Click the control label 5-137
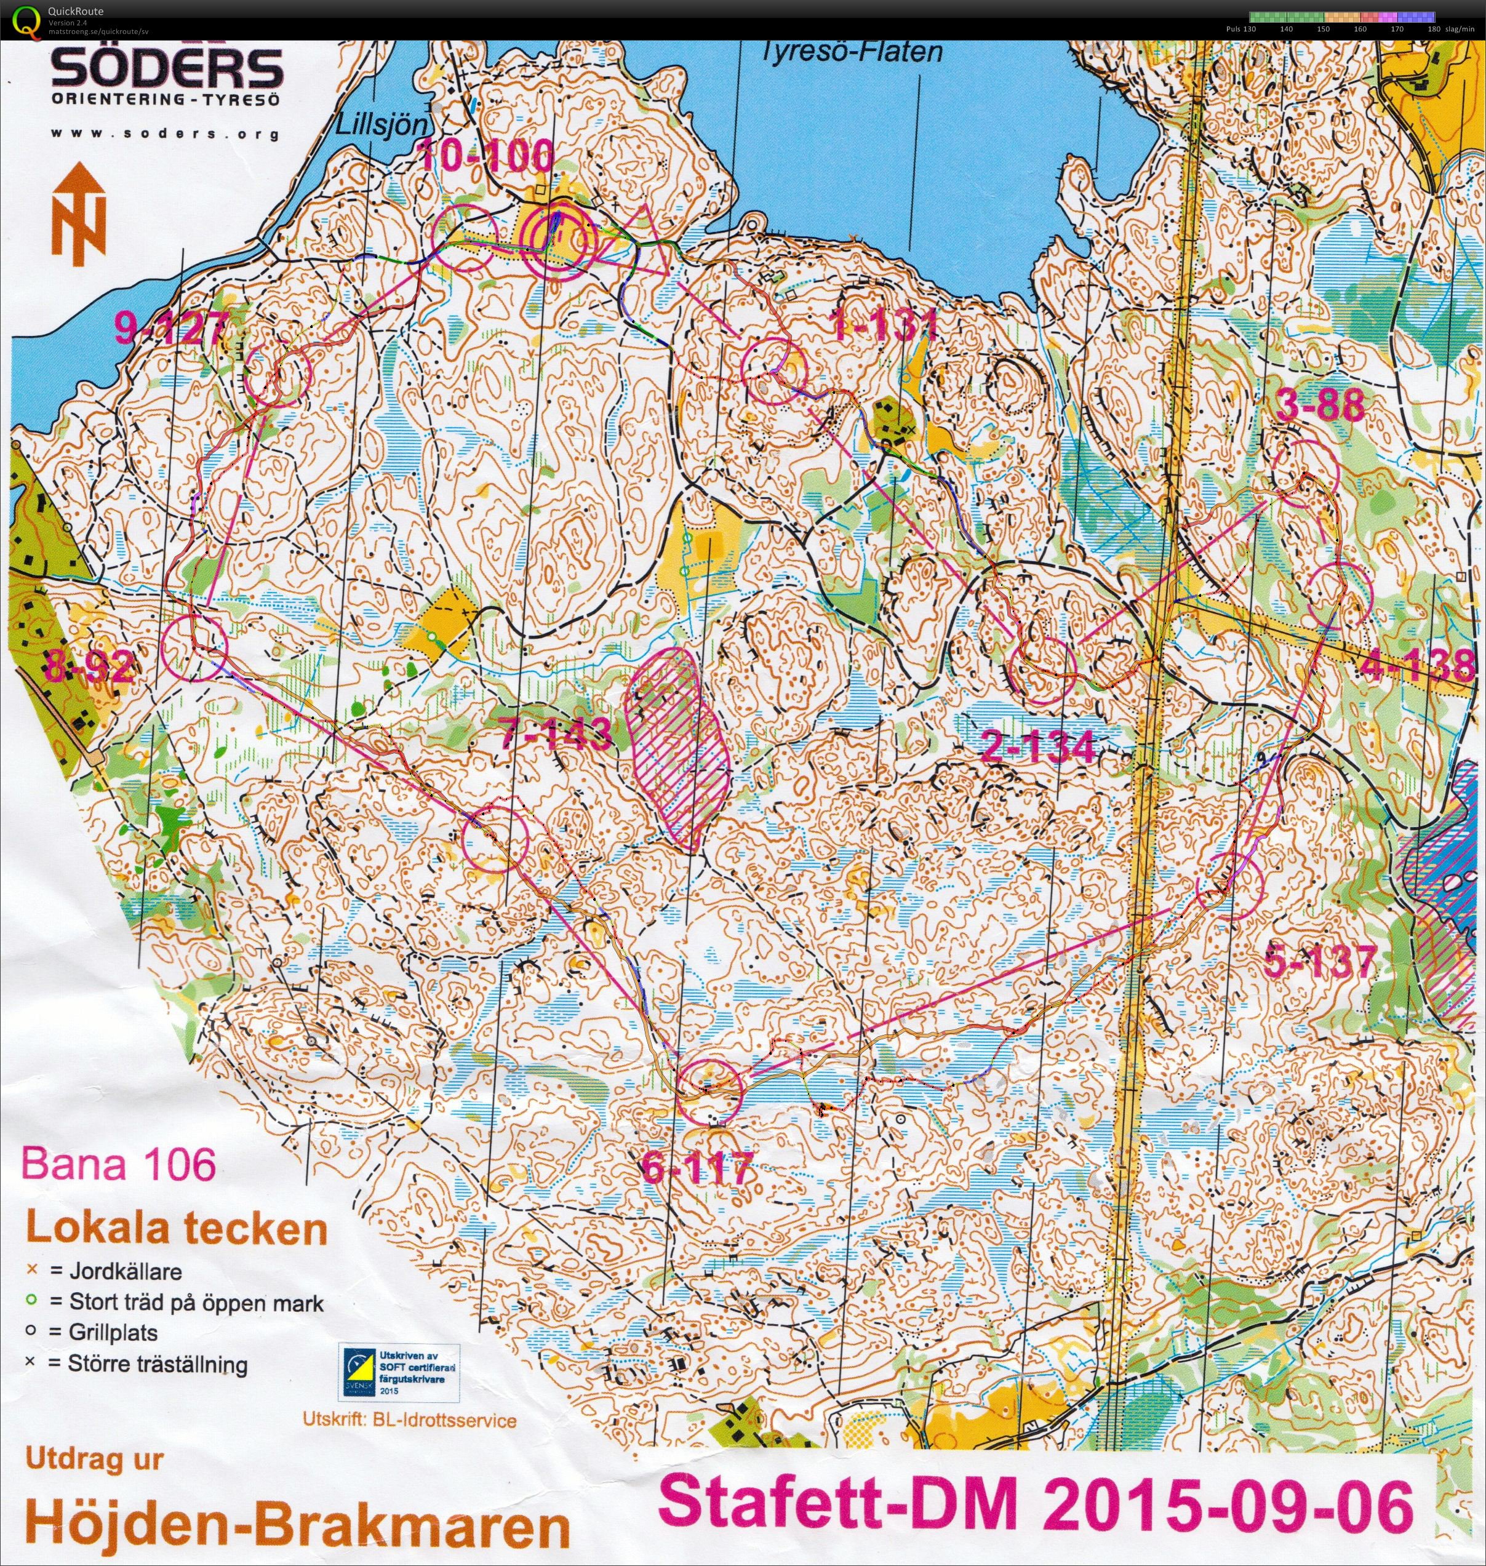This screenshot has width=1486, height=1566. [x=1320, y=962]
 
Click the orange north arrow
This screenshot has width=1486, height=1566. [x=78, y=215]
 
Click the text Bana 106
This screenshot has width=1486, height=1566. [x=119, y=1164]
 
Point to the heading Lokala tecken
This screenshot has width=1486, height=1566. [x=177, y=1229]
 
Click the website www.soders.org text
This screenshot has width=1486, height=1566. [x=165, y=134]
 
